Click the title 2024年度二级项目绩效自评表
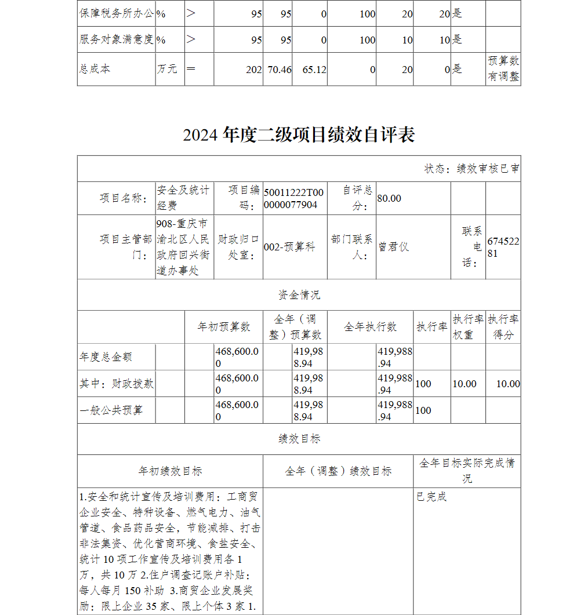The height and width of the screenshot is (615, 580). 299,135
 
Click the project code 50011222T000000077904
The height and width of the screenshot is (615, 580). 295,198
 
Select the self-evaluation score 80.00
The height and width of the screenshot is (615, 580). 389,198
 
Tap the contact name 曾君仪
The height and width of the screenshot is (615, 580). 394,247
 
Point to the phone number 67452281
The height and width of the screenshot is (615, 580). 503,247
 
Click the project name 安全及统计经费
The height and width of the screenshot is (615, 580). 183,198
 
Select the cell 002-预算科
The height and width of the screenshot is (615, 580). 289,247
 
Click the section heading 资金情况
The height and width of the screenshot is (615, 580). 299,295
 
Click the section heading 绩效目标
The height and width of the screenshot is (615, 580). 299,439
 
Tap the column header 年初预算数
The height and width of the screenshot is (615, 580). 224,327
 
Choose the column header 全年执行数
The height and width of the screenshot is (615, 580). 370,327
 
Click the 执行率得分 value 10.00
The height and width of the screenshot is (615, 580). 508,384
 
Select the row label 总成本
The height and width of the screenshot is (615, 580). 95,69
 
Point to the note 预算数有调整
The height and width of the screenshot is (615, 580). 503,69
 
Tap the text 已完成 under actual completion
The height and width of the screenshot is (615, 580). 432,497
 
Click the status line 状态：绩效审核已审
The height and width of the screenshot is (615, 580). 472,169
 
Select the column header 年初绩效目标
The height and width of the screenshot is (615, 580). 170,471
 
